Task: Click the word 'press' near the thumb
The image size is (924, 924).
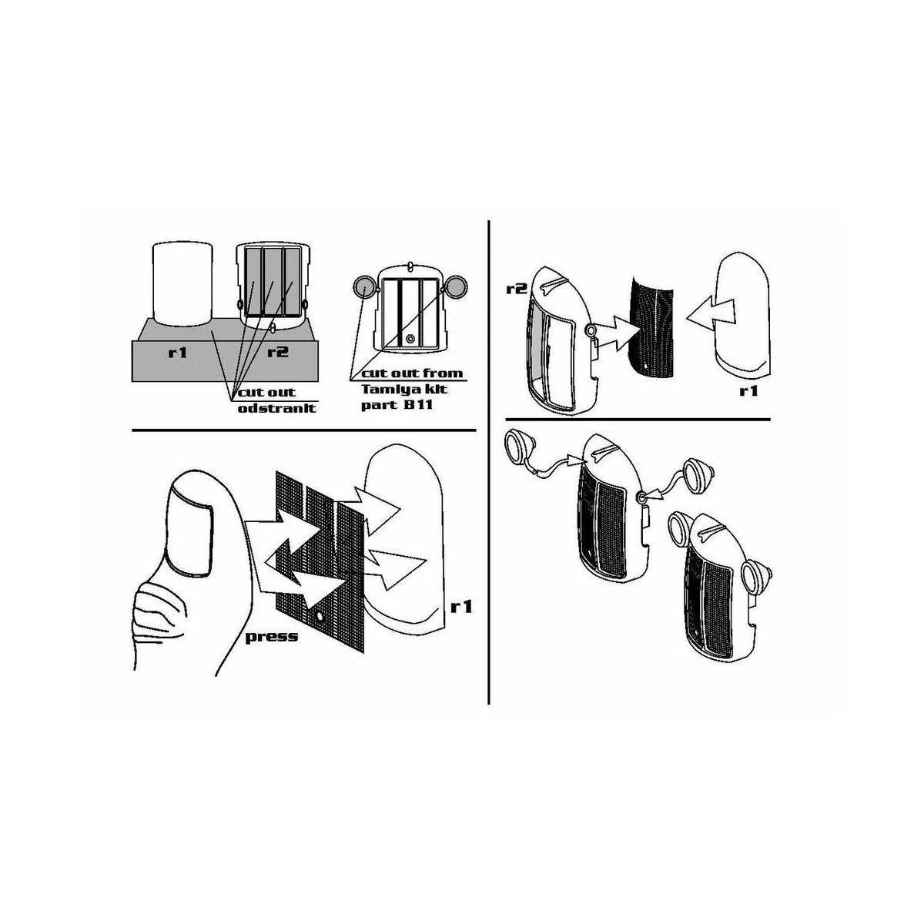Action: click(x=271, y=638)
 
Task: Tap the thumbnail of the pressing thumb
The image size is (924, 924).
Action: click(x=189, y=533)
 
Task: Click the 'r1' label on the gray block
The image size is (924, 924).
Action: click(x=177, y=353)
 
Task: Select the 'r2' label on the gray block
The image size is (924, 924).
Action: click(x=278, y=352)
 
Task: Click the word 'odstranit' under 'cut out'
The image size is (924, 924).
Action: click(x=277, y=408)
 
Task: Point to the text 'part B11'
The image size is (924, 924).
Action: click(x=397, y=405)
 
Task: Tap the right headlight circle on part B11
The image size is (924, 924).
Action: click(x=455, y=286)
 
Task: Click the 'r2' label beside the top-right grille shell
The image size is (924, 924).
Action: click(x=517, y=290)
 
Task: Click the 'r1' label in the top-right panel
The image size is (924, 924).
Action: click(x=749, y=391)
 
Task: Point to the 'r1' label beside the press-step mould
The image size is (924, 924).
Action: click(x=462, y=607)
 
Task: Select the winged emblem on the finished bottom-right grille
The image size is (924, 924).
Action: click(x=712, y=531)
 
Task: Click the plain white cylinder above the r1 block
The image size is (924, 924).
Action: click(x=182, y=283)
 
